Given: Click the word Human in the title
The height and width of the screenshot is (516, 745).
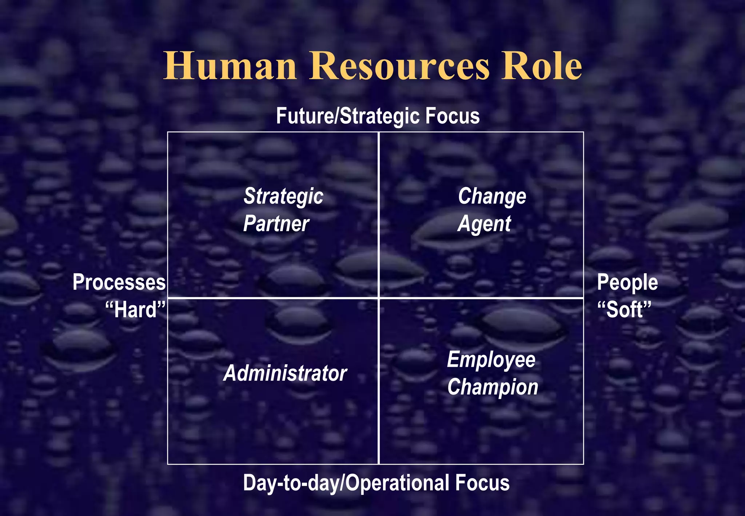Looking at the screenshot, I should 230,66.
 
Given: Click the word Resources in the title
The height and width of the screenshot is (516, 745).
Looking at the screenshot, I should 399,66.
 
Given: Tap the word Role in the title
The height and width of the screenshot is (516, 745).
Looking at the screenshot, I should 542,66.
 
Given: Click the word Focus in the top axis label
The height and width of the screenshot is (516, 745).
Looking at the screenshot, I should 453,116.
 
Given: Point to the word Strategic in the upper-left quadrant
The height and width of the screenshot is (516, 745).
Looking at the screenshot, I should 283,197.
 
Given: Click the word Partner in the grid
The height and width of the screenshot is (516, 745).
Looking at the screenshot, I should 276,223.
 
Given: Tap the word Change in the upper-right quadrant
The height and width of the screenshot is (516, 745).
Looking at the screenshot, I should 492,197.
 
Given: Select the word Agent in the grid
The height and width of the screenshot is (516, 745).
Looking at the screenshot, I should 485,224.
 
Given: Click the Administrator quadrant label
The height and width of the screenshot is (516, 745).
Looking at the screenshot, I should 285,373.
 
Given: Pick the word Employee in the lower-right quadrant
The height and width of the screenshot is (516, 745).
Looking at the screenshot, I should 491,360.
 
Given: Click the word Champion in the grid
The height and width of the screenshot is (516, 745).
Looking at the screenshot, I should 493,387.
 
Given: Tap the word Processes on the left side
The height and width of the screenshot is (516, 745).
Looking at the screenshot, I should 119,282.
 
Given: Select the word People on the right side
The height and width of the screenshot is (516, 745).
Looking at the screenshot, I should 628,282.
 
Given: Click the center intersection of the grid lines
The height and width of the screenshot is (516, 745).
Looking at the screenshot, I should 379,298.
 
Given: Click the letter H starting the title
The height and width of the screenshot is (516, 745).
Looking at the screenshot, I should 178,66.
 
